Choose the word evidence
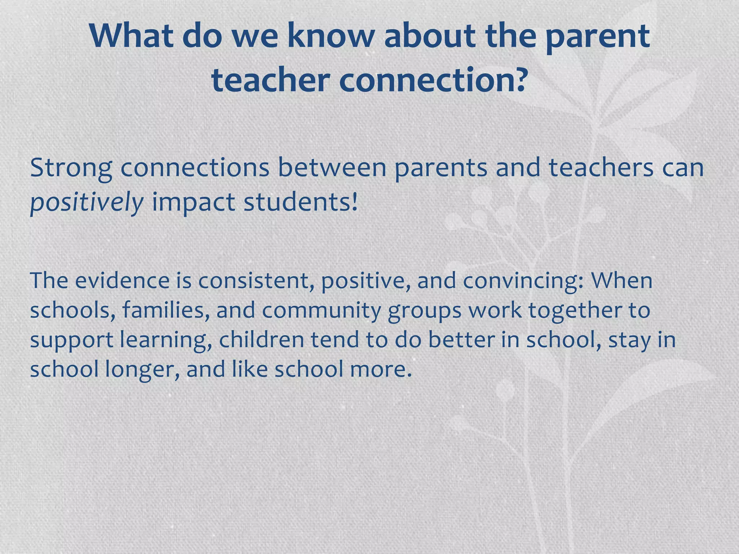pyautogui.click(x=122, y=281)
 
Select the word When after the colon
pyautogui.click(x=621, y=281)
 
